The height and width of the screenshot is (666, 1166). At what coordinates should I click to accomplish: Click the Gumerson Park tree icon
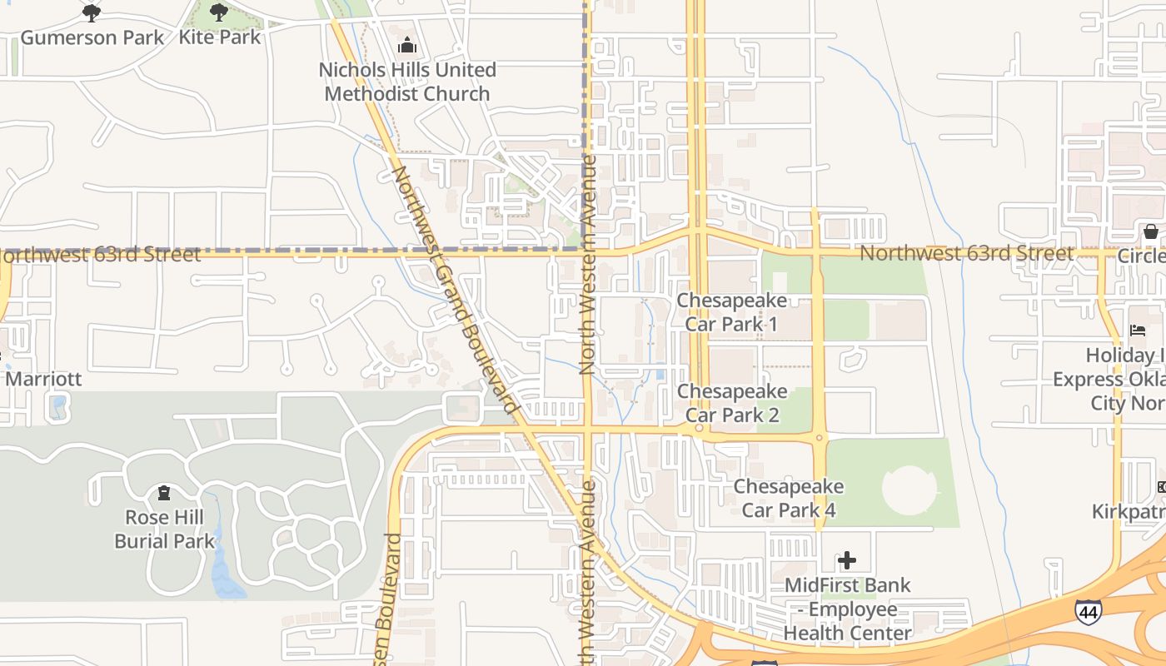point(92,12)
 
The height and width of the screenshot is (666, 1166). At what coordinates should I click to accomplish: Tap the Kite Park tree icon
point(218,12)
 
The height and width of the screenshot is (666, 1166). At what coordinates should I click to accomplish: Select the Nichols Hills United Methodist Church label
point(407,82)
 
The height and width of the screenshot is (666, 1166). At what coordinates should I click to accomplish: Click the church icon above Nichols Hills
point(407,44)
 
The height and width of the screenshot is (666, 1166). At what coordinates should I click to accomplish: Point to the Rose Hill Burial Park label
point(164,529)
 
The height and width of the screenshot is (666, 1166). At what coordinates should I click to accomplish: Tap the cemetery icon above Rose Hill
point(164,493)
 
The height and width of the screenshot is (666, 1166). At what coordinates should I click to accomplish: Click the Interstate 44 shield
point(1088,612)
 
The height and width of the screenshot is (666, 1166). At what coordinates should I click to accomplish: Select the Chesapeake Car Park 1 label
point(731,311)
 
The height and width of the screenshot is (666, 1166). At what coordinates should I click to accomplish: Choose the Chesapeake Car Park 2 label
point(732,403)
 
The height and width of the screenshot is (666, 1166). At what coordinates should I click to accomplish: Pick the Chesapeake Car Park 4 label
point(788,498)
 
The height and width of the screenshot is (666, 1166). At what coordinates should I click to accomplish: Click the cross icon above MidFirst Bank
point(847,560)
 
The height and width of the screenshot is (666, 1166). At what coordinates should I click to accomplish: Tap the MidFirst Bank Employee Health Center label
point(848,609)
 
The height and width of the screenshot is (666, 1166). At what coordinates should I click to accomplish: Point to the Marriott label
point(43,379)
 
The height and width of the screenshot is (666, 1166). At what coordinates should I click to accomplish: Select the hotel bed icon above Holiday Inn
point(1137,331)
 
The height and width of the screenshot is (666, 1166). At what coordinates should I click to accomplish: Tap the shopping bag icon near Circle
point(1150,231)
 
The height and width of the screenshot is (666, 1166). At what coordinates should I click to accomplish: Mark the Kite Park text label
point(220,37)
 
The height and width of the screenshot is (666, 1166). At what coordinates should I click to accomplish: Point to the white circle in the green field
point(909,490)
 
